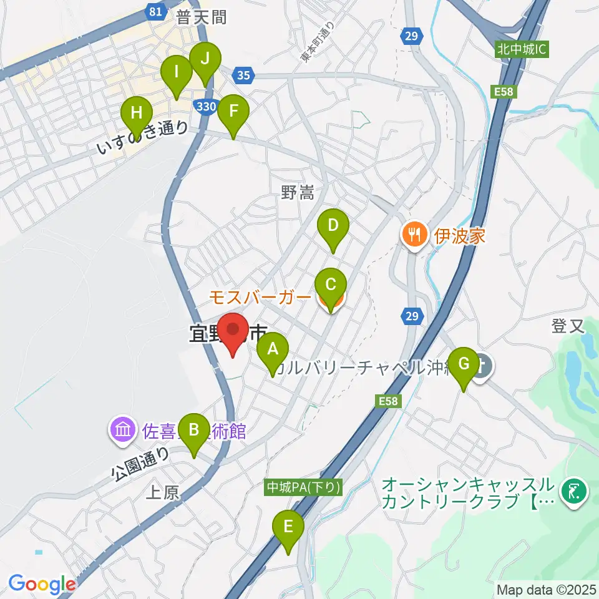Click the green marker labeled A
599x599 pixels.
coord(273,349)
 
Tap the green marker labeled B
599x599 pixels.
coord(194,429)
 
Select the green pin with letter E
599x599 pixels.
coord(288,527)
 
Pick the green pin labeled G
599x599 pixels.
coord(464,363)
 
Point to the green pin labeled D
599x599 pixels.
coord(333,225)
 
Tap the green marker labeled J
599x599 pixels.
coord(205,59)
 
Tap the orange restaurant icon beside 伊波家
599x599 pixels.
coord(413,235)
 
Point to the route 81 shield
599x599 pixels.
coord(157,11)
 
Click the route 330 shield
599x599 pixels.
coord(205,107)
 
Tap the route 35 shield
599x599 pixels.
coord(244,75)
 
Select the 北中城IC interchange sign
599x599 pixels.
coord(523,49)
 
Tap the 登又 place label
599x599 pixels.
coord(567,325)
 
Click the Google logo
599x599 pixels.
coord(42,584)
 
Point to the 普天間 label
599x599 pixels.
coord(200,17)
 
